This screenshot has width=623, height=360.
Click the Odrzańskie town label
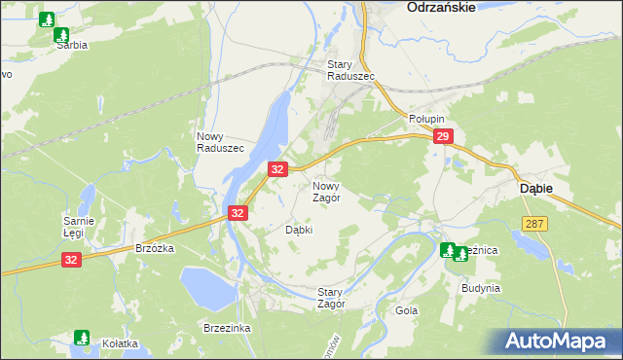[441, 7]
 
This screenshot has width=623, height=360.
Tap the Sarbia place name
[71, 45]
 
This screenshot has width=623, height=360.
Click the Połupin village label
[425, 118]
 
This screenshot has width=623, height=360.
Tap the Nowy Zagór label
[326, 191]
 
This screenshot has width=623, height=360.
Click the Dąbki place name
[298, 231]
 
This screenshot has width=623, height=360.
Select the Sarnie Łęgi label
[78, 227]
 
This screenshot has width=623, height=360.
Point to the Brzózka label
[154, 248]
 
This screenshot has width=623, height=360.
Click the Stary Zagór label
[332, 297]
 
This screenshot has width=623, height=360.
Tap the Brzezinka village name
[227, 328]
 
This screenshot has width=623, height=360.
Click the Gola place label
[406, 311]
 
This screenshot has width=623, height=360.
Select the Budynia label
[481, 288]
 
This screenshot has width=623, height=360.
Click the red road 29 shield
[443, 137]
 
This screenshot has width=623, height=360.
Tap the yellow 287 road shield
[534, 224]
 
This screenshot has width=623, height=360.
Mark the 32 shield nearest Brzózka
[71, 260]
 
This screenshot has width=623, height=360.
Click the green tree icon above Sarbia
[47, 19]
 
